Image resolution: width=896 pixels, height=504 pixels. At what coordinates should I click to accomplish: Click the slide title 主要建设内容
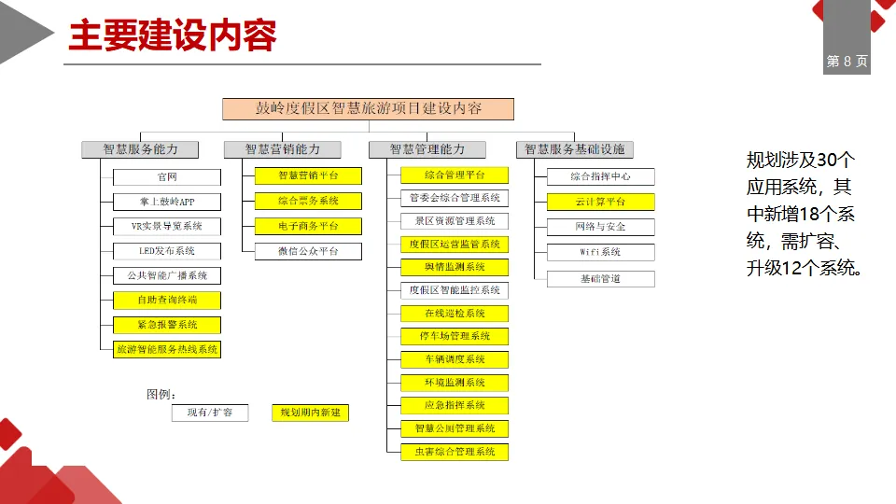coord(173,36)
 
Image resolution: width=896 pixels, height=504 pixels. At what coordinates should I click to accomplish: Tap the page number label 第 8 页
coord(847,62)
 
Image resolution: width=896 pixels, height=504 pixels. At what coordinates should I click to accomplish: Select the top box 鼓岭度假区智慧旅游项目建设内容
coord(368,108)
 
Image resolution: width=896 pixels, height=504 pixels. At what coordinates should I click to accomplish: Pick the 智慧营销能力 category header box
coord(282,149)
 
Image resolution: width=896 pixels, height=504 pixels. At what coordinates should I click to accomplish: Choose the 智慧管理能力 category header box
coord(427,149)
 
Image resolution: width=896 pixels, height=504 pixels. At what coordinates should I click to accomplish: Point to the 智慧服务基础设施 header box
coord(574,149)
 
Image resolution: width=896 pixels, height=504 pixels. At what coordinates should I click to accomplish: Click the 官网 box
coord(167,176)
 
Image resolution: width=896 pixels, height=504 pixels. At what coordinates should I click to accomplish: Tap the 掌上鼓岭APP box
coord(167,202)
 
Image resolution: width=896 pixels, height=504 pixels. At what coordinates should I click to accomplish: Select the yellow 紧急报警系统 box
coord(167,325)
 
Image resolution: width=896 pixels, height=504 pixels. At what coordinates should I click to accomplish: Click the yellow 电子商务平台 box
coord(308,226)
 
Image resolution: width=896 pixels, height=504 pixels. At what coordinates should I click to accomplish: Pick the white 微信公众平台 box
coord(308,251)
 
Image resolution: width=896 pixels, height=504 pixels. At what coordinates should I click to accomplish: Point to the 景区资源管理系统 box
coord(455,221)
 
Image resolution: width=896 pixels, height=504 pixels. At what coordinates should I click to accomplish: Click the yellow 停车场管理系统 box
coord(455,336)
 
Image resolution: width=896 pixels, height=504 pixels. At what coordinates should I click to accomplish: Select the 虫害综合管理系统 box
coord(455,452)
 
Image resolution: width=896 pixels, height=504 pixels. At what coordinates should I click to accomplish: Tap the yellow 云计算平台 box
coord(601,202)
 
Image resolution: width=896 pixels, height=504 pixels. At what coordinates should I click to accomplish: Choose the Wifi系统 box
coord(601,252)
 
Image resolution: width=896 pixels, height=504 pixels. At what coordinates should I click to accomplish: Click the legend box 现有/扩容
coord(210,413)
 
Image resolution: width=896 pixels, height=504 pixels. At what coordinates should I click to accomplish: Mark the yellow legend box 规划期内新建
coord(310,413)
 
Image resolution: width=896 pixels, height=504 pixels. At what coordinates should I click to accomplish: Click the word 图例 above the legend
coord(161,394)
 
